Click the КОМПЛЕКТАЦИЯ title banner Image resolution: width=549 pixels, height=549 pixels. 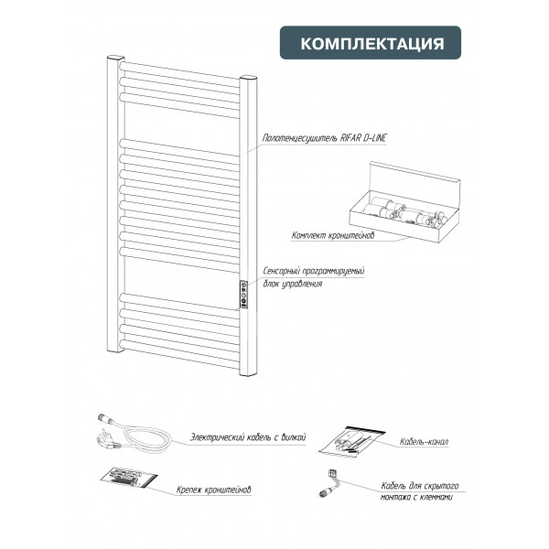370,42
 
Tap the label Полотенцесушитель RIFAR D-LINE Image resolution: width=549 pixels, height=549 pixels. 324,138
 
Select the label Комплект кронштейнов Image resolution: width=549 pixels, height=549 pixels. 333,235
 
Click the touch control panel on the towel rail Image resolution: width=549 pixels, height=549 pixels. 243,295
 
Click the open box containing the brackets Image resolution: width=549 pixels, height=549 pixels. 404,202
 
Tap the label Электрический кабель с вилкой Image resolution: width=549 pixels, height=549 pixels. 248,437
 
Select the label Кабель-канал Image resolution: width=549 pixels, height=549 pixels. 424,442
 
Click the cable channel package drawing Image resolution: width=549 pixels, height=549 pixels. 352,441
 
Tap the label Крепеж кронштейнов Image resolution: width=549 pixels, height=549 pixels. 213,490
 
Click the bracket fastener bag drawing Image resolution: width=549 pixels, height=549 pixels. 128,477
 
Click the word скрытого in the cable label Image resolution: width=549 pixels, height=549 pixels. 441,486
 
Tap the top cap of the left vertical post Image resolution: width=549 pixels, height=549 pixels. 115,58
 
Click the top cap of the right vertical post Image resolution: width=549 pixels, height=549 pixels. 248,78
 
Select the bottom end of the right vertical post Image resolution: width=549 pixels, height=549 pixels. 248,373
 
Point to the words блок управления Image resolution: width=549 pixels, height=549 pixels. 293,284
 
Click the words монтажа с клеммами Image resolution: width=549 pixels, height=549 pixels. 416,497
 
